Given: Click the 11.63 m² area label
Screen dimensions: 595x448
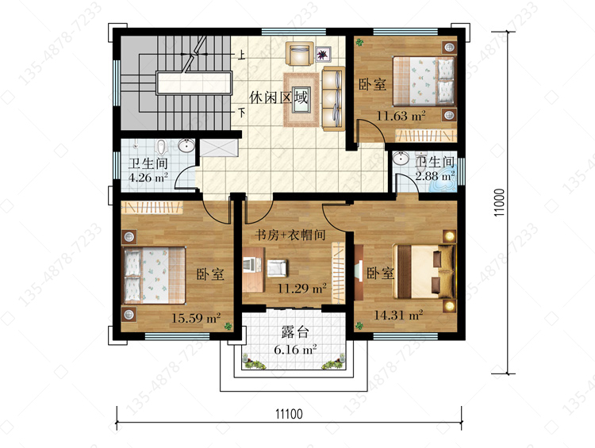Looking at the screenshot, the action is [x=401, y=115].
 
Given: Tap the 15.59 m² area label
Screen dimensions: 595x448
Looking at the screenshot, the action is [x=196, y=317].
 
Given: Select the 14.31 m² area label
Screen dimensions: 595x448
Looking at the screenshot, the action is [x=398, y=315].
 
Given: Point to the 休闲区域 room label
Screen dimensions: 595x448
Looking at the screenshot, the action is [x=278, y=98].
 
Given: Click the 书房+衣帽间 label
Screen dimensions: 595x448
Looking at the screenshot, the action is [x=290, y=235].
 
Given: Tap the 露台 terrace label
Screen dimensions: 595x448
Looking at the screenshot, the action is [x=295, y=332].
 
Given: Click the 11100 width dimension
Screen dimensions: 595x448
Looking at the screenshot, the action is [x=289, y=413].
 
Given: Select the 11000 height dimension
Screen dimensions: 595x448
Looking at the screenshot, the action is [x=499, y=202].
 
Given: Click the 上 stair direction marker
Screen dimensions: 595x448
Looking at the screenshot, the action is [x=241, y=56].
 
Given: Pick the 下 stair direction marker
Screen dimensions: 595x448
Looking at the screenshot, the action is [x=241, y=113].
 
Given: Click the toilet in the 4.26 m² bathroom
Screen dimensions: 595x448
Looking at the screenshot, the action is [x=162, y=147].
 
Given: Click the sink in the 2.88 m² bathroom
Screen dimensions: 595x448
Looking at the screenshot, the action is [x=401, y=158].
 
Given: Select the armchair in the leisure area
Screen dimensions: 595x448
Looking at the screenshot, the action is [x=299, y=53].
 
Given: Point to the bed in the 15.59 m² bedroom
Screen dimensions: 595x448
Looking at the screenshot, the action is [x=155, y=275].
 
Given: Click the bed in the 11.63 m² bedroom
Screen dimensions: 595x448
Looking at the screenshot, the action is [x=424, y=81].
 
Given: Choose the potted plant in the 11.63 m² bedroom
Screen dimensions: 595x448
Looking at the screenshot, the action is [x=359, y=42].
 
